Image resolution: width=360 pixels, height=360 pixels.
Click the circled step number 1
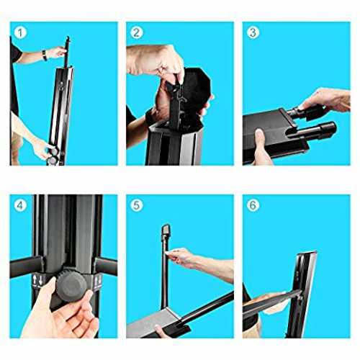tap(20, 32)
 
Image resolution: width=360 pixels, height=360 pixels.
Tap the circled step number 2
tap(136, 32)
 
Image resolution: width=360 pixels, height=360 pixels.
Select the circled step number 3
tap(253, 32)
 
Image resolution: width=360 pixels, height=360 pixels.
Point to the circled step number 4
tap(20, 205)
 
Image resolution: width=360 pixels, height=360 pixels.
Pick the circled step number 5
tap(136, 205)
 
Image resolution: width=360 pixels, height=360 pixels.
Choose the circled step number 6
tap(253, 205)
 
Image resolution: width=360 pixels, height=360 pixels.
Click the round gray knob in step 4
tap(71, 286)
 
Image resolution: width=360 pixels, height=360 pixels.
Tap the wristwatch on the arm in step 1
tap(45, 55)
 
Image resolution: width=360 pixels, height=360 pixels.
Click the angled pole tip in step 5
tap(166, 230)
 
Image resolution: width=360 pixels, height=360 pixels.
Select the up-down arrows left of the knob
tap(38, 280)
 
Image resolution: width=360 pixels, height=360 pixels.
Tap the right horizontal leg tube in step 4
tap(106, 266)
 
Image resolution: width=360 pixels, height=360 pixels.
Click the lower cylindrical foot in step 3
tap(312, 131)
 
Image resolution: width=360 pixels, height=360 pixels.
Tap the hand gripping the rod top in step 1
tap(57, 52)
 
